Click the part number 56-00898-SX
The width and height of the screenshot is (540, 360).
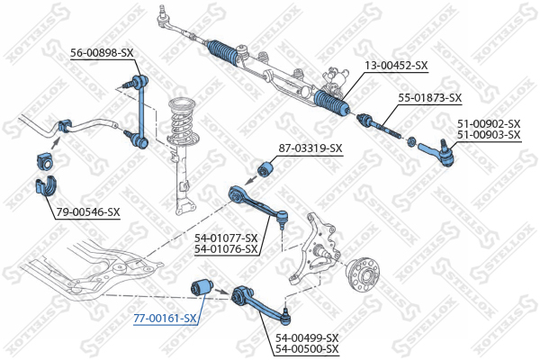click(x=102, y=53)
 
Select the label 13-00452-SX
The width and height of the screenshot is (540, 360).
click(x=396, y=65)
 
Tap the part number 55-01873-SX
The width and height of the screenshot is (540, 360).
click(x=430, y=98)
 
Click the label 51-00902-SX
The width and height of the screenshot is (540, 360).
click(x=489, y=123)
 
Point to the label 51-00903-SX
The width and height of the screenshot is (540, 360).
click(x=489, y=135)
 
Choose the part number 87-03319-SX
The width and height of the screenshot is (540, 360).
click(x=310, y=148)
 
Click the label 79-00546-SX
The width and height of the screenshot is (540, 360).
click(x=88, y=212)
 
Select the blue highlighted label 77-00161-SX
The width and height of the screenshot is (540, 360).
click(x=165, y=319)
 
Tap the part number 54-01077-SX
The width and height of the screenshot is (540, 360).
click(x=226, y=238)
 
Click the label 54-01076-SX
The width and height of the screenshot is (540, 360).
click(x=226, y=248)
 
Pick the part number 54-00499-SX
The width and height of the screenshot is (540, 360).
click(x=307, y=337)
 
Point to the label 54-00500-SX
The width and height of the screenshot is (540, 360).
click(x=307, y=348)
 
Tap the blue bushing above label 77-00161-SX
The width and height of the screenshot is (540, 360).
click(x=202, y=288)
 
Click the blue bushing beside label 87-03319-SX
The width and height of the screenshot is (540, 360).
click(x=265, y=168)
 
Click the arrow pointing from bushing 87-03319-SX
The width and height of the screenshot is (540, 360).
click(x=252, y=180)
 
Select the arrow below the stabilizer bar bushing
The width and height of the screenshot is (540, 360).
click(x=55, y=142)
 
